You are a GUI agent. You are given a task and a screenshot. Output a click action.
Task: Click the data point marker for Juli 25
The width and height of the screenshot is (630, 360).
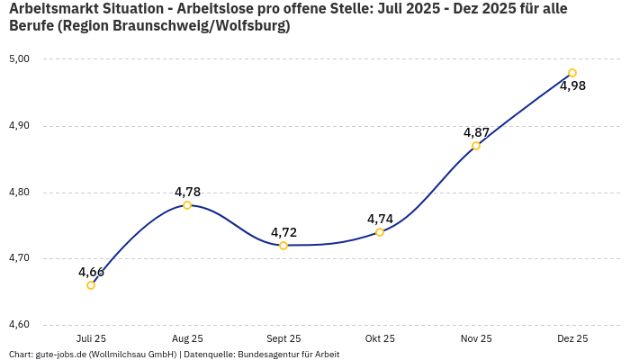(91, 285)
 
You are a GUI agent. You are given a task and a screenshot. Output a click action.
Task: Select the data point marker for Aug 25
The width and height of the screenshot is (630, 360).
(187, 205)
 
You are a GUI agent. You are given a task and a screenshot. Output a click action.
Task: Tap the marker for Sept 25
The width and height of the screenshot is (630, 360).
(283, 246)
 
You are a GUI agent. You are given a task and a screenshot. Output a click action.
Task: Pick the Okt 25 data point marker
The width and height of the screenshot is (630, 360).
(380, 232)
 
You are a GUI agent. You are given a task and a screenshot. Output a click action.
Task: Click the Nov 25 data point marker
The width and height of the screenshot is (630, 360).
(476, 146)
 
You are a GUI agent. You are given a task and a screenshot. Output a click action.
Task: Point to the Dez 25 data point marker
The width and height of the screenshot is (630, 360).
(572, 73)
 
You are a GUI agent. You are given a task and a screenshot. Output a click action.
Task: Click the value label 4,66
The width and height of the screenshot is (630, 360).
(91, 272)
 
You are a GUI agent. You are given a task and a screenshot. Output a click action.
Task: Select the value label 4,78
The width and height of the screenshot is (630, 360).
(187, 192)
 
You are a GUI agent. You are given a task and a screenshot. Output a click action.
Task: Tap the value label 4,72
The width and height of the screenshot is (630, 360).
(283, 232)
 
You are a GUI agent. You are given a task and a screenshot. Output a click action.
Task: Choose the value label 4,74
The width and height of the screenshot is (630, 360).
(380, 219)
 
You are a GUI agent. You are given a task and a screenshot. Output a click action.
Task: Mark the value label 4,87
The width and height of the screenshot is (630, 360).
(476, 132)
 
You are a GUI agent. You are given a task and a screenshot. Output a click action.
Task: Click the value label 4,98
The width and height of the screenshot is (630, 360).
(572, 86)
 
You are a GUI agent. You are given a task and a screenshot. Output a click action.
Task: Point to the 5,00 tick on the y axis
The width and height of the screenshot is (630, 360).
(19, 59)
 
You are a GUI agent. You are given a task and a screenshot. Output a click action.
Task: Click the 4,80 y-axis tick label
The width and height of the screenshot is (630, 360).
(19, 193)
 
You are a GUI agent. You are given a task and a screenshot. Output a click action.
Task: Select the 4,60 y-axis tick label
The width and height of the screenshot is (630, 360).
(19, 325)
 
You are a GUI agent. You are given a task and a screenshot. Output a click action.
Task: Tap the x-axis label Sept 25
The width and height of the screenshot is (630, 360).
(283, 338)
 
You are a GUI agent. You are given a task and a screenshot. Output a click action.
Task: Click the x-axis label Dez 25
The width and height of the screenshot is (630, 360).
(572, 338)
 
